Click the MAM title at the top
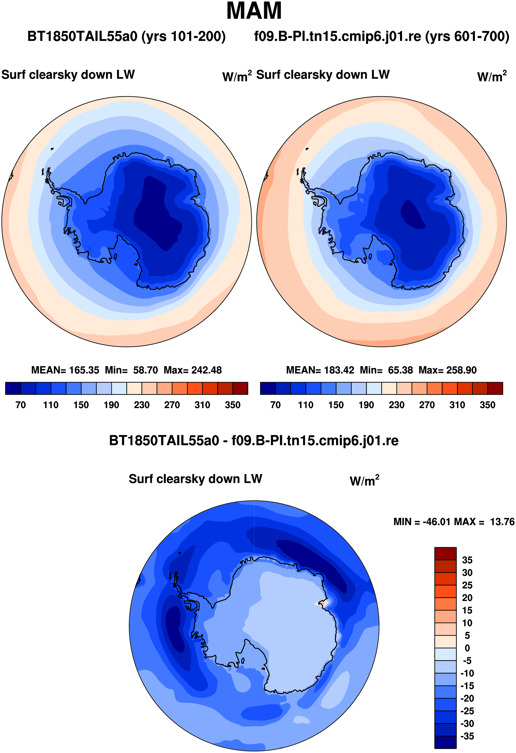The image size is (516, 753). click(254, 11)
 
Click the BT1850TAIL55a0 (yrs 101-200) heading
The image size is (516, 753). click(126, 36)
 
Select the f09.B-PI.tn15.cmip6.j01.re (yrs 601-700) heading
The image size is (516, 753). click(382, 36)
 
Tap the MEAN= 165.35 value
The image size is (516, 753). click(65, 370)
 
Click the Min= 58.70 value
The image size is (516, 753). click(131, 370)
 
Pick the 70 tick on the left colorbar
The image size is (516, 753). click(20, 405)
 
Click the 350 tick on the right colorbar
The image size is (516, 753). click(487, 405)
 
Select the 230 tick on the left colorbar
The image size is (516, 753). click(142, 405)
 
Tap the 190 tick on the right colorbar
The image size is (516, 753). click(366, 405)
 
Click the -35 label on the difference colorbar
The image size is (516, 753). click(467, 736)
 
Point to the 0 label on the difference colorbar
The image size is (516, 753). click(467, 648)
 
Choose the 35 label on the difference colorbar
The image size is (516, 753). click(467, 560)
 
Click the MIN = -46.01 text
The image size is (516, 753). click(422, 522)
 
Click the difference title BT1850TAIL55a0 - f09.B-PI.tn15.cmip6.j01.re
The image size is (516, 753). click(254, 441)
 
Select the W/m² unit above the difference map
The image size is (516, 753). click(364, 480)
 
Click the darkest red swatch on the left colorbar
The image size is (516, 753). click(240, 388)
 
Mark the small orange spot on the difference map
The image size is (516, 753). click(322, 603)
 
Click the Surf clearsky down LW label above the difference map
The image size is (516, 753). click(195, 479)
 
